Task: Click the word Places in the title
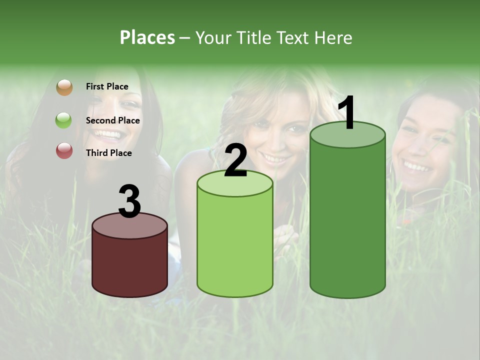[x=147, y=37]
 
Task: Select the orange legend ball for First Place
[x=64, y=87]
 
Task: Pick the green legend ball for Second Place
[x=64, y=120]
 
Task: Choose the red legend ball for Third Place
[x=64, y=150]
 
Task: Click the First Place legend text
[x=107, y=86]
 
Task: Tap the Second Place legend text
[x=112, y=120]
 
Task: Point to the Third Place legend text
[x=108, y=153]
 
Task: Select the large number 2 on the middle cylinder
[x=235, y=161]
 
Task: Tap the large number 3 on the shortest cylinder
[x=130, y=202]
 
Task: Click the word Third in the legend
[x=96, y=153]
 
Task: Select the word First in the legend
[x=94, y=86]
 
